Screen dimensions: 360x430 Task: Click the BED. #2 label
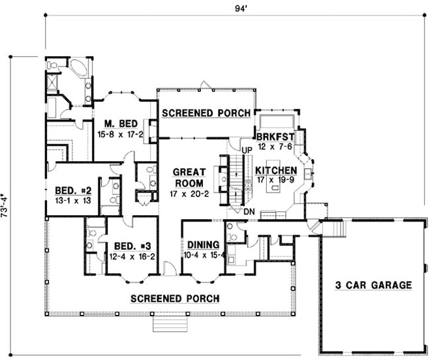72,190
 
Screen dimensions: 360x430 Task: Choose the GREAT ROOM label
189,177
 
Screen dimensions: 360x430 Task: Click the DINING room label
202,245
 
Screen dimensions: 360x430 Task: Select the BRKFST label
275,136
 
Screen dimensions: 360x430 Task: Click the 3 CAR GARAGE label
374,285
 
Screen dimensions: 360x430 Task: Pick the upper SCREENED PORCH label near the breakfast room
206,113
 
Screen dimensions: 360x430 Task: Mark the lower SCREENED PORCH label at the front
175,299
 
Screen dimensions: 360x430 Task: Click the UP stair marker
247,151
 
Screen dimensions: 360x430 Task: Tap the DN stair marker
249,212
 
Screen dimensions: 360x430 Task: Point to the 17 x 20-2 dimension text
189,195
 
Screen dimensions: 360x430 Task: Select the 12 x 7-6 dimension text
275,147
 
